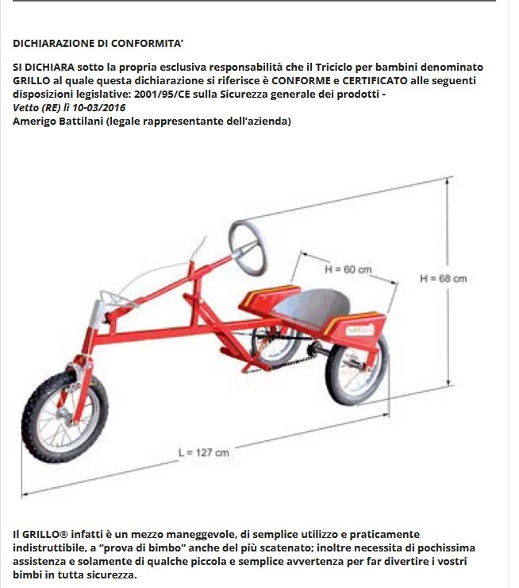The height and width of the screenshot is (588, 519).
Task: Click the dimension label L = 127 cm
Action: tap(204, 452)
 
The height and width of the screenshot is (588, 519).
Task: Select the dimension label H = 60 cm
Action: tap(348, 270)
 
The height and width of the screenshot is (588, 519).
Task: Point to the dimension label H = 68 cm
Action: tap(443, 278)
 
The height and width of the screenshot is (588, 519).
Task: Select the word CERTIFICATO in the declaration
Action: tap(367, 81)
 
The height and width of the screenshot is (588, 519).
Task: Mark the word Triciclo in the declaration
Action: tap(359, 68)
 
